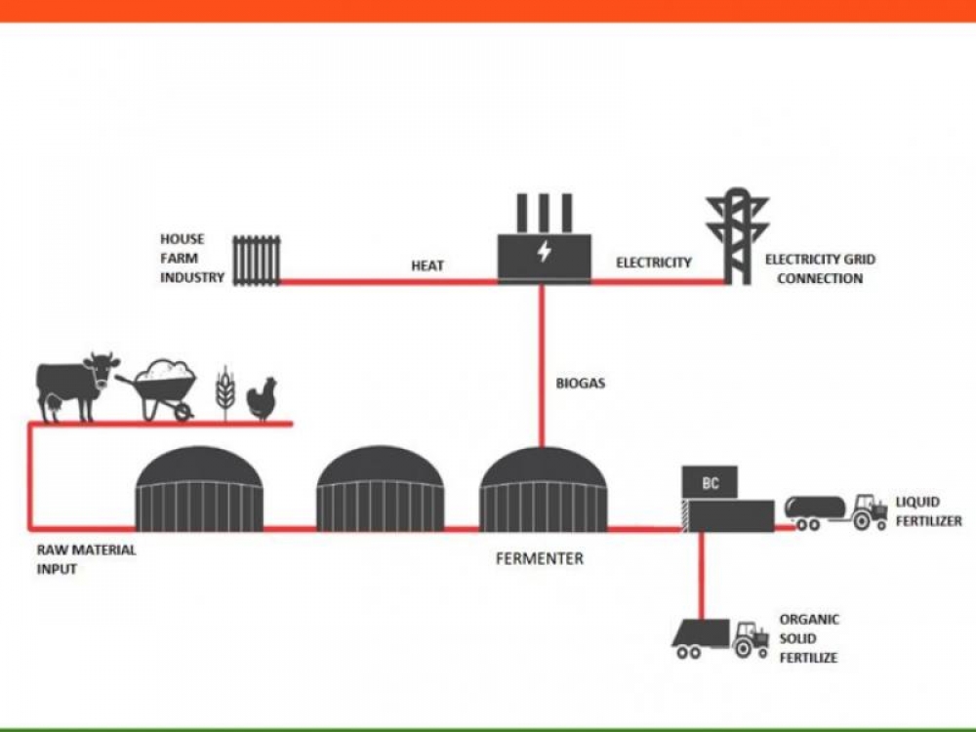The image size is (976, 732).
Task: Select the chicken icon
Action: (x=262, y=399)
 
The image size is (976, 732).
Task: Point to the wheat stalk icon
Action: (x=225, y=392)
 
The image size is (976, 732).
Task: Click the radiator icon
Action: (x=256, y=260)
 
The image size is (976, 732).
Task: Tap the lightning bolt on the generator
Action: (x=544, y=252)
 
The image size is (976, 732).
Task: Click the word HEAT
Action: (x=427, y=265)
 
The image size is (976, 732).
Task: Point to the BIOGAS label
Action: (x=580, y=384)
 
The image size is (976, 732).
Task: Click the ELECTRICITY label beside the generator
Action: (x=653, y=263)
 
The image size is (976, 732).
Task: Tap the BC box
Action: (x=711, y=483)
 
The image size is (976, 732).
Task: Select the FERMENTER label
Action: (x=539, y=559)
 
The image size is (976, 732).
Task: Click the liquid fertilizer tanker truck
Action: (x=835, y=510)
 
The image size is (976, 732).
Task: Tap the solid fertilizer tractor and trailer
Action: (x=719, y=637)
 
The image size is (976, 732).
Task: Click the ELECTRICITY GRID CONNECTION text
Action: (x=820, y=268)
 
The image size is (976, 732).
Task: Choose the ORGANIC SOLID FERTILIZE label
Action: (x=808, y=638)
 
